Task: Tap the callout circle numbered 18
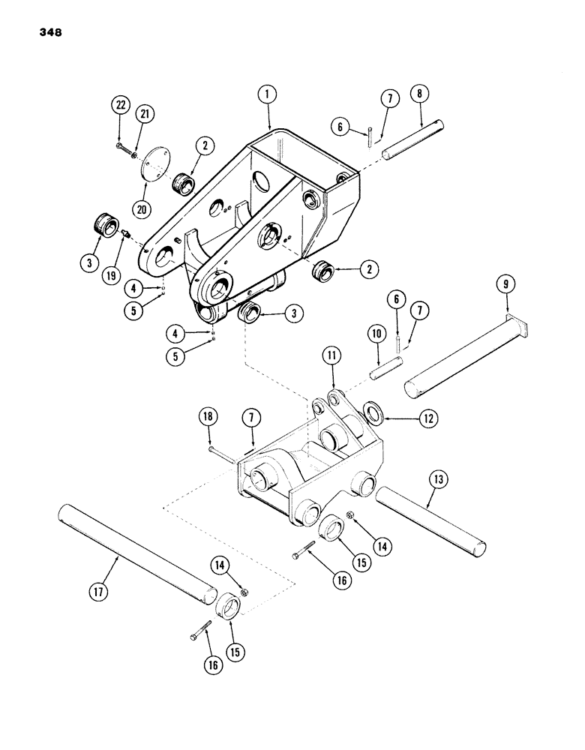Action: (207, 415)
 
